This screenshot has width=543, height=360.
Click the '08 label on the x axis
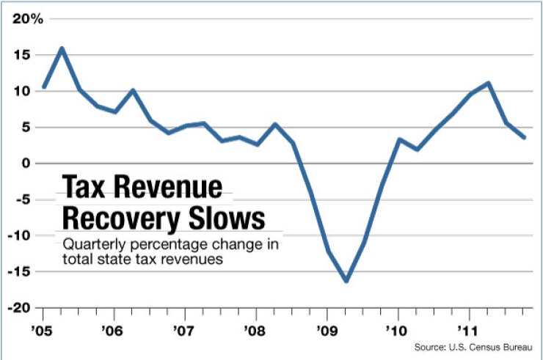coord(254,329)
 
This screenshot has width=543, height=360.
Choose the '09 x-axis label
coord(325,329)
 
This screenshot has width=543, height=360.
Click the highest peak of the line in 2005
coord(62,48)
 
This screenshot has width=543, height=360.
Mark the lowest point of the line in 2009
coord(346,281)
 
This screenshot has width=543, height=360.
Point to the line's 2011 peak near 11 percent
coord(488,83)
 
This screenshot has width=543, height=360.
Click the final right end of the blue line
coord(524,138)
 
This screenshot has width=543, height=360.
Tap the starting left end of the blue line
coord(45,87)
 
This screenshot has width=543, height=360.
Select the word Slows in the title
coord(227,219)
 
